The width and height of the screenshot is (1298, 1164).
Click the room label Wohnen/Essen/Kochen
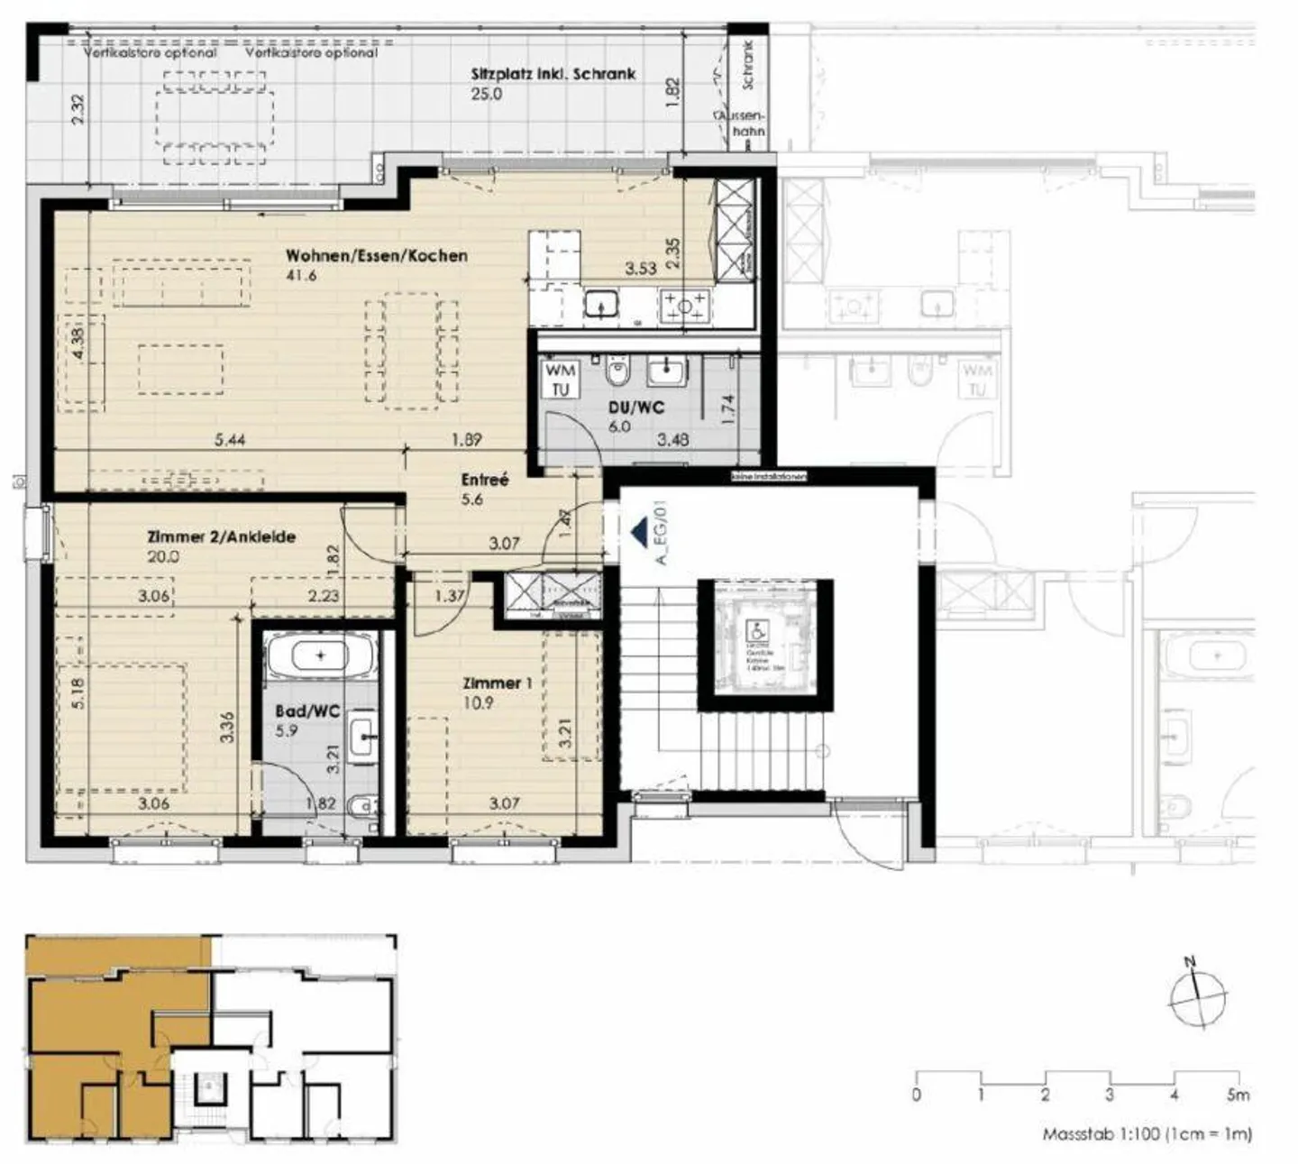[377, 255]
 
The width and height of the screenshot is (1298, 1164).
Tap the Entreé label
[486, 480]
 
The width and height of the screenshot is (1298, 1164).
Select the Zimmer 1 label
[498, 683]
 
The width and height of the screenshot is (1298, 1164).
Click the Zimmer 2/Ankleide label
[221, 537]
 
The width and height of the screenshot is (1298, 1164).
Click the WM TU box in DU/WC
[561, 380]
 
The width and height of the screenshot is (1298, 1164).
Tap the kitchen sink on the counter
[599, 307]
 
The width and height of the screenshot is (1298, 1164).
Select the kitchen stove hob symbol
[685, 307]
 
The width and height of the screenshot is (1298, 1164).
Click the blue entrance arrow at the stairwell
[639, 532]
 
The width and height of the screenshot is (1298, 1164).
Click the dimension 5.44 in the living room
[230, 440]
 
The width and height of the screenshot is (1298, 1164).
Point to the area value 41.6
[301, 276]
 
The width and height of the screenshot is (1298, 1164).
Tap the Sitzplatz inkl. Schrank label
[553, 74]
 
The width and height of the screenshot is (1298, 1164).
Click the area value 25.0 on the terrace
[486, 94]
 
